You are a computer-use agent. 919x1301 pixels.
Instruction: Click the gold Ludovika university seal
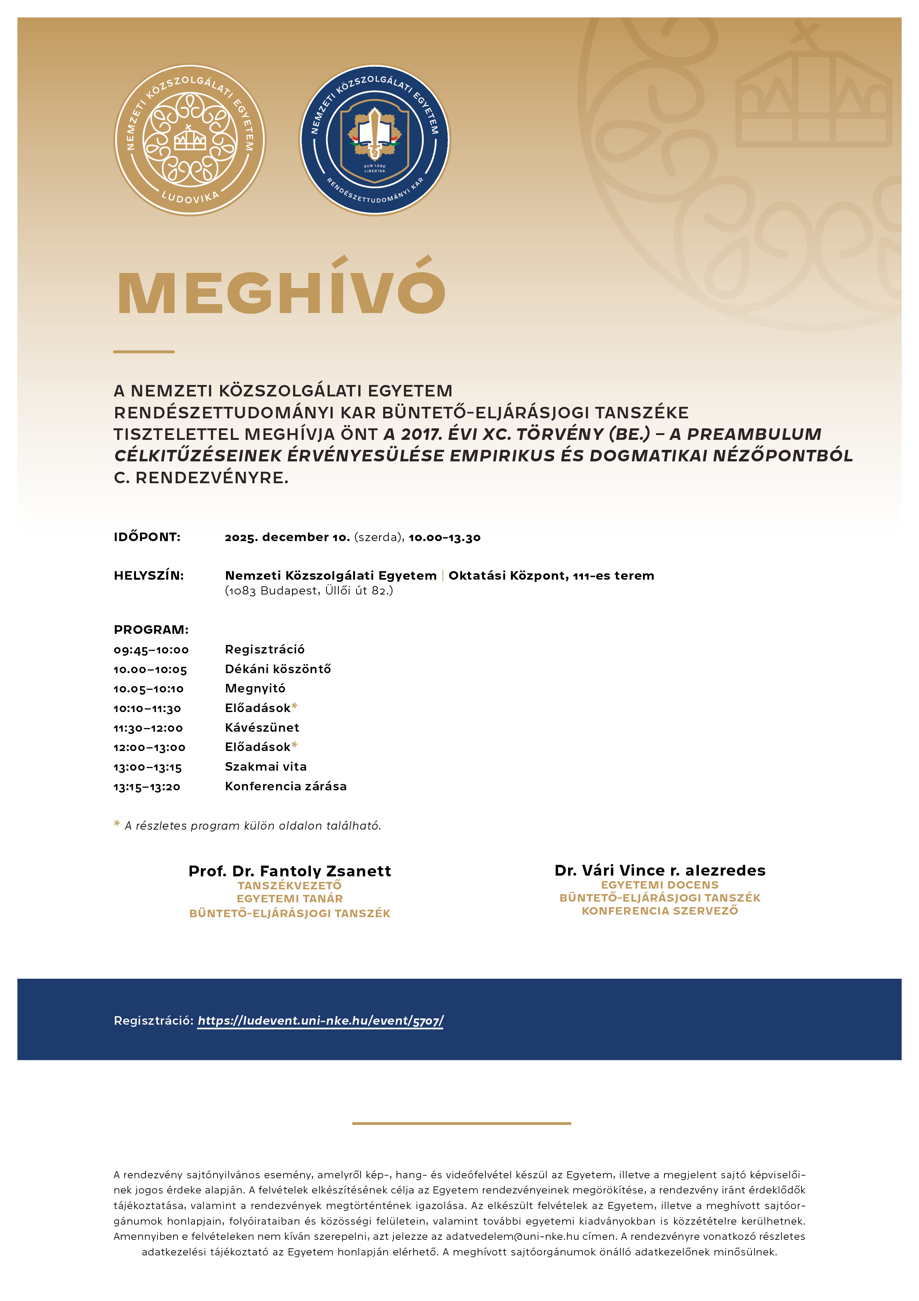pos(190,139)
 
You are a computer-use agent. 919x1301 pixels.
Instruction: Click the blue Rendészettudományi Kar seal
pos(374,139)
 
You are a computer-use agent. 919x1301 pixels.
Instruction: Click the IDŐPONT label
pos(147,537)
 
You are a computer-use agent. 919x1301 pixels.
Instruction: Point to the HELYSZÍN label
pos(148,576)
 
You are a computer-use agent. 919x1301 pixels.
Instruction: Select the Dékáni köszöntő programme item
pos(278,669)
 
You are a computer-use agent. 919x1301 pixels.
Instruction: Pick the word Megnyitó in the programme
pos(255,688)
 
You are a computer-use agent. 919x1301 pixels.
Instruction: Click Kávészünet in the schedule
pos(262,728)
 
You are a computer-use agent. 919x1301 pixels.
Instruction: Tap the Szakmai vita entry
pos(266,767)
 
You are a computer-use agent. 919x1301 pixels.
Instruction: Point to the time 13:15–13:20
pos(147,787)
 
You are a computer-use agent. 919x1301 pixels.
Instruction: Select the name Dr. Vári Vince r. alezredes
pos(660,870)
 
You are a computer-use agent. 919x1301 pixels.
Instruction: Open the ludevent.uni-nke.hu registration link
pos(321,1021)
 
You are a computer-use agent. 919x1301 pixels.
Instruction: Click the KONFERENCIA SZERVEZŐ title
pos(660,911)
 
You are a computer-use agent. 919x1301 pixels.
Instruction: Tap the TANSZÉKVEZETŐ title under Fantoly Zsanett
pos(289,886)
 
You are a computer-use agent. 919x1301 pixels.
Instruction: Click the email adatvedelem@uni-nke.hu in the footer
pos(512,1236)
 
